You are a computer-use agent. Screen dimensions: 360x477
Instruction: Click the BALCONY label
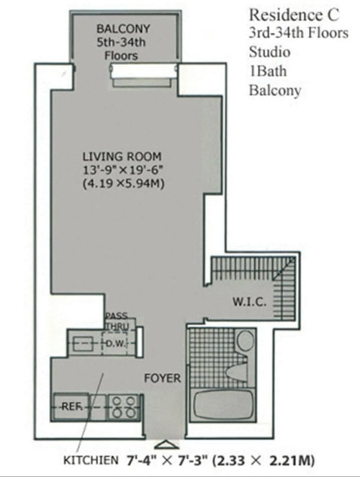coord(123,29)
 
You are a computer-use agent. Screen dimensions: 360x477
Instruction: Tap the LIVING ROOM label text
coord(122,156)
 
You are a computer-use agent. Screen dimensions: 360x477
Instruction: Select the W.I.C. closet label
coord(250,302)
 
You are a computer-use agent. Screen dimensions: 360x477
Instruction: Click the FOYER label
coord(163,378)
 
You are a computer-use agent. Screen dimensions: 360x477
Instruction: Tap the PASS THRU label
coord(117,321)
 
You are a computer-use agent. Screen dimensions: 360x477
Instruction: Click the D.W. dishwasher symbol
coord(115,343)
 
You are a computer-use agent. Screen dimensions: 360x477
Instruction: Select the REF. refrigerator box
coord(71,407)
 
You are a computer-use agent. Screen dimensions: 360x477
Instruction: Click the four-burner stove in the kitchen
coord(124,407)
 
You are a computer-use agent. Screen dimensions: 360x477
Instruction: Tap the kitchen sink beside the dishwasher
coord(81,344)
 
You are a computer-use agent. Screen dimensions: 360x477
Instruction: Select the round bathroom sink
coord(245,341)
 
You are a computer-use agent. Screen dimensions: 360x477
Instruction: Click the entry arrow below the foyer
coord(166,445)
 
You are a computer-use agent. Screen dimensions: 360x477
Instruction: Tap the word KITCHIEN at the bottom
coord(90,460)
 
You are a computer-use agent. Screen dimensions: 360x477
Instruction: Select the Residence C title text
coord(294,15)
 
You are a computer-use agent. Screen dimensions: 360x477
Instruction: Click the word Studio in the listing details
coord(270,52)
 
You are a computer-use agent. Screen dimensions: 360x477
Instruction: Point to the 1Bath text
coord(268,71)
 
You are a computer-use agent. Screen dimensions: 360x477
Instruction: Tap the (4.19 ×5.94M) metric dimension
coord(123,184)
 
